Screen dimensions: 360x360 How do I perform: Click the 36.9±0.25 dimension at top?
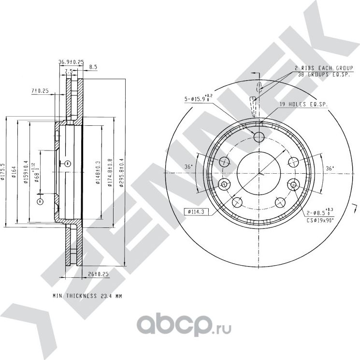71,62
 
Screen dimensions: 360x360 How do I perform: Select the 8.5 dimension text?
93,67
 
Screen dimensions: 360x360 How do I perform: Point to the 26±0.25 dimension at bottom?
98,274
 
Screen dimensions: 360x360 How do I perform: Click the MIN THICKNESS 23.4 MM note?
87,295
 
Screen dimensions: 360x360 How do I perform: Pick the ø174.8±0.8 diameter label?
110,172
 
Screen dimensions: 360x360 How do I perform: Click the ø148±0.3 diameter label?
98,172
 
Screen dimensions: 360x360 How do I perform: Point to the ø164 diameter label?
14,172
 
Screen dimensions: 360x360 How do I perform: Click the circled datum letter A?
40,200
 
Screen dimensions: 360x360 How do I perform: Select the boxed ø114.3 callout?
195,211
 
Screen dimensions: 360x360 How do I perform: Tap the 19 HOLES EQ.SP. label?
302,104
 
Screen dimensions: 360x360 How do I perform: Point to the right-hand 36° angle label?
330,168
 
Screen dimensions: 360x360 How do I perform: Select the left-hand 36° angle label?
188,167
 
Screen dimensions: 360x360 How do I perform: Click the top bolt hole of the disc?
259,136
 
